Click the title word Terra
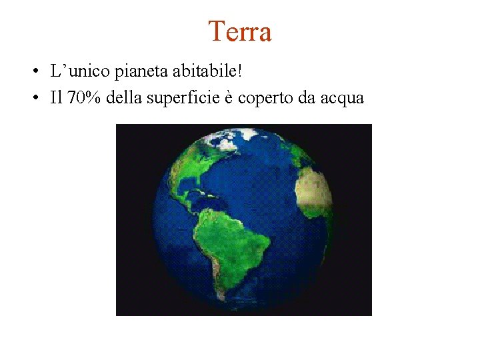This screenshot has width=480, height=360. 240,31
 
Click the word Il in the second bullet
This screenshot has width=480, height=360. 55,98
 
